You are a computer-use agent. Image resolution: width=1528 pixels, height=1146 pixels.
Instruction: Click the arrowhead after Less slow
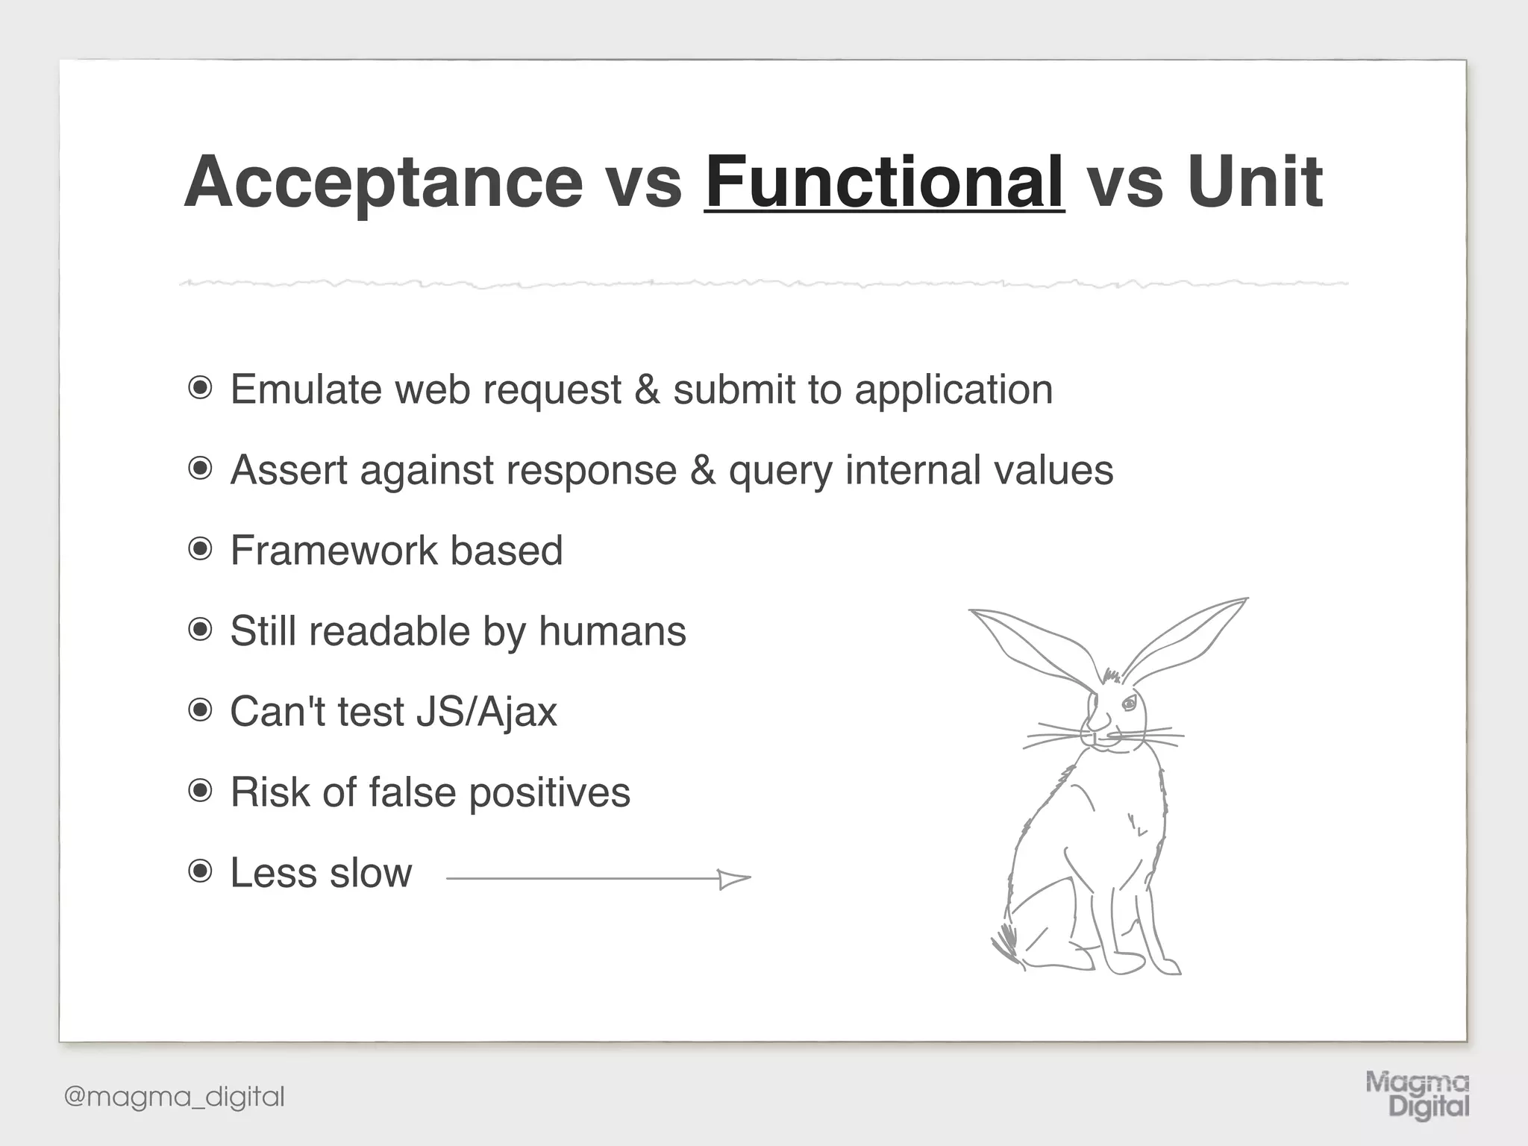(734, 879)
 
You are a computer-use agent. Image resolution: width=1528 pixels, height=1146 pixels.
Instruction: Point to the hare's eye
(1129, 703)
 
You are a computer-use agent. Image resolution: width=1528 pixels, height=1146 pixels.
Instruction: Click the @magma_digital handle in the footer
(175, 1097)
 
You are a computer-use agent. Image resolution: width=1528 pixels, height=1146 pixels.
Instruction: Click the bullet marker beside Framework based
(200, 550)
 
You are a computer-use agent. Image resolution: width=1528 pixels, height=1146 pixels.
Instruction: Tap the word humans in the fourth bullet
(612, 631)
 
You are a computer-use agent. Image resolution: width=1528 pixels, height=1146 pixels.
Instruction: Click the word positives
(549, 792)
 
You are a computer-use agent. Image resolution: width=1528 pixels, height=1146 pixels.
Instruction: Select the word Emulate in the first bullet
(306, 389)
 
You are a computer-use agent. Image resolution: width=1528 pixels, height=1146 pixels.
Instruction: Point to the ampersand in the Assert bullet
(702, 470)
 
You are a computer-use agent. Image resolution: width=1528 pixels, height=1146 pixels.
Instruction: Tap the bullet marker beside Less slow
(200, 871)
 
